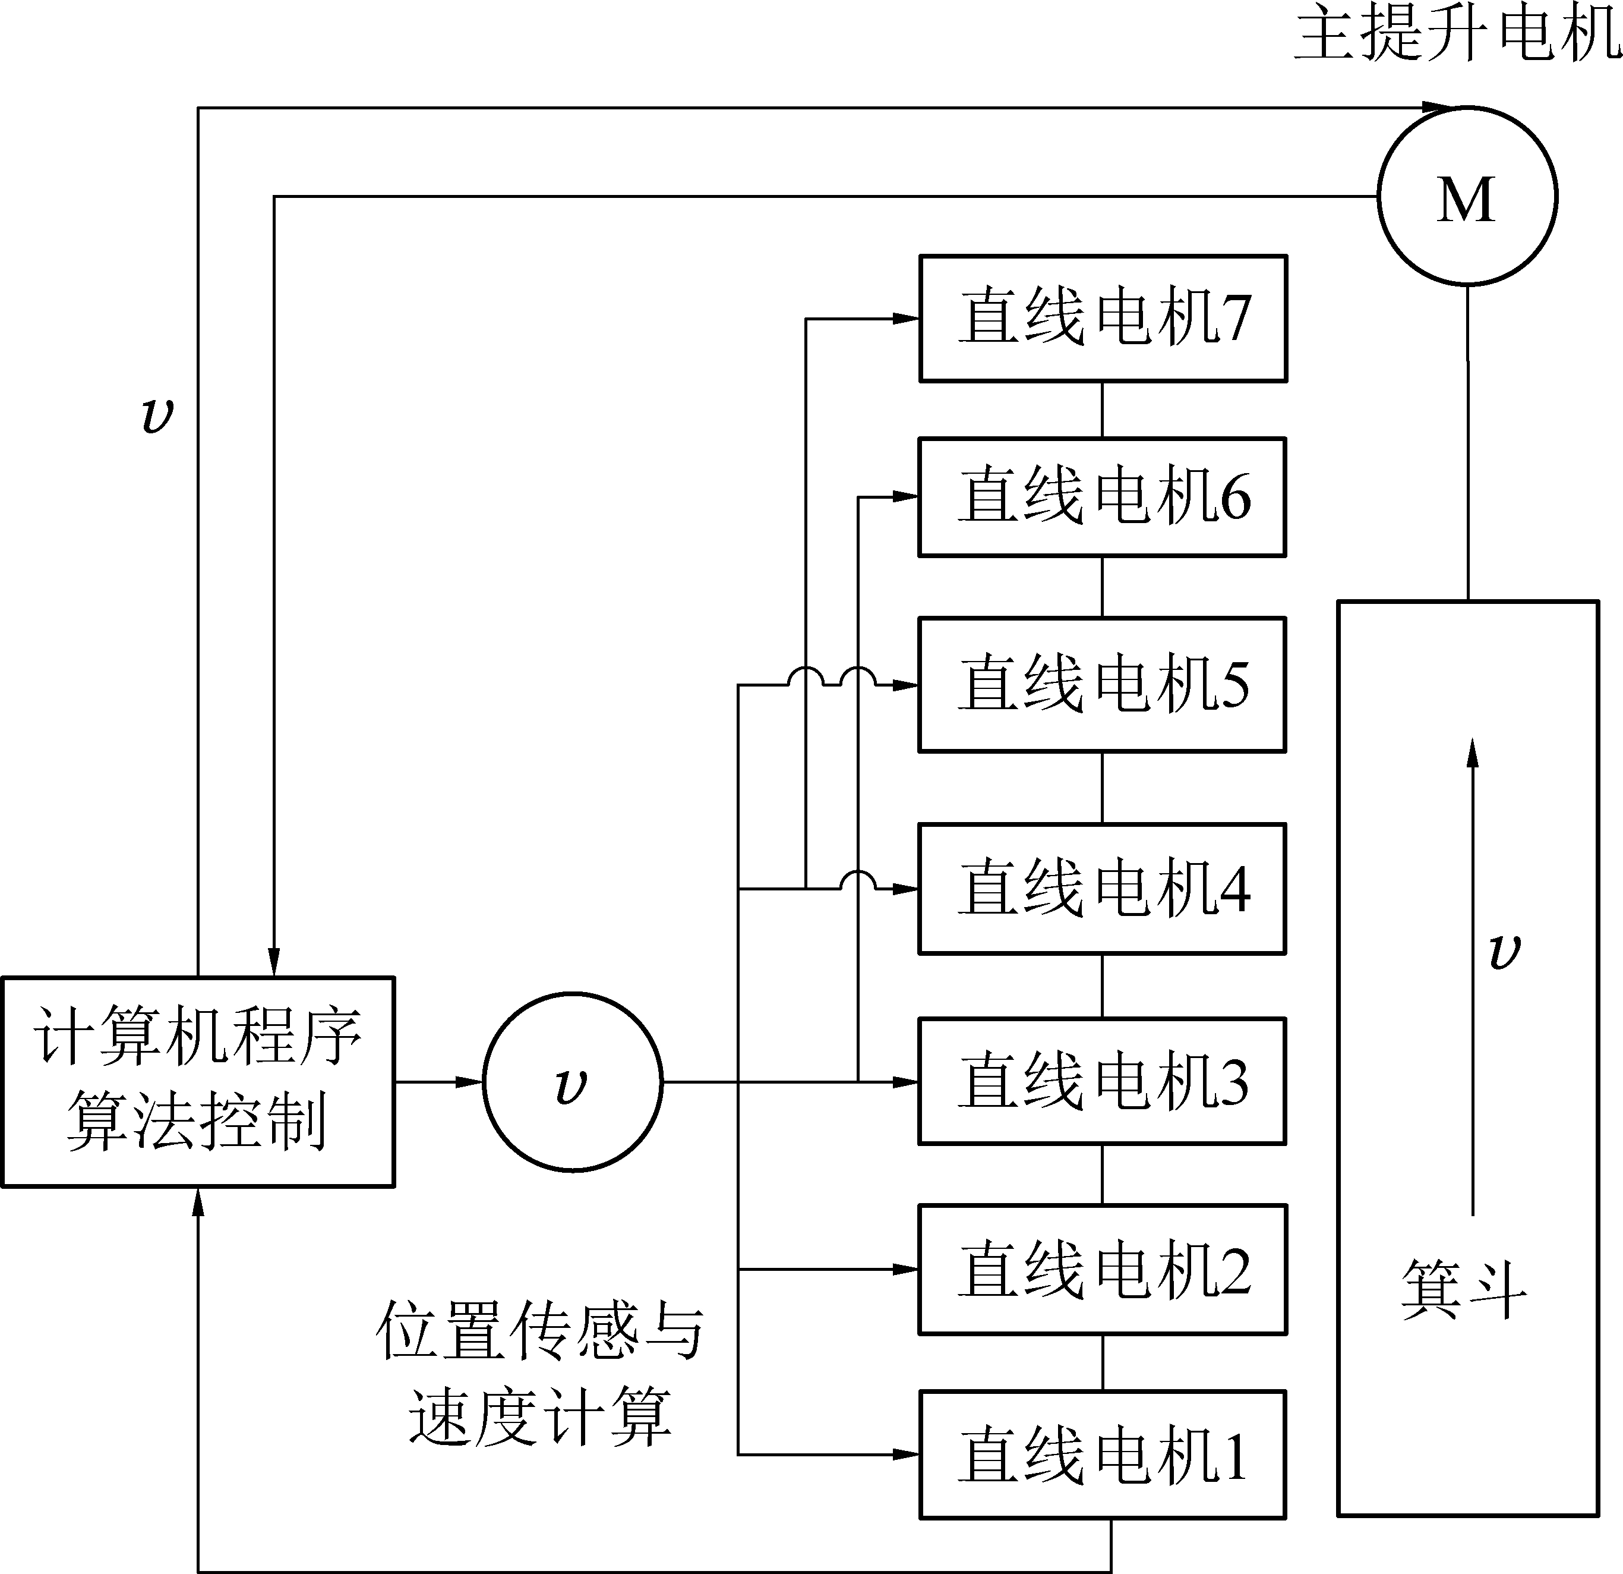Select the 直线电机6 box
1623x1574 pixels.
[x=1102, y=497]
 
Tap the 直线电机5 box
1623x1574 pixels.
[x=1102, y=684]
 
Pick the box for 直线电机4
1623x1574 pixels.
[x=1102, y=888]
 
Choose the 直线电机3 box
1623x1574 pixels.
[x=1102, y=1081]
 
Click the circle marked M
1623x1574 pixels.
[x=1467, y=196]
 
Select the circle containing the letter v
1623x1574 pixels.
[x=572, y=1081]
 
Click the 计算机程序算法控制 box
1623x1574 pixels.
[x=198, y=1082]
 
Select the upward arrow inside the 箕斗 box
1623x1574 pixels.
[x=1472, y=978]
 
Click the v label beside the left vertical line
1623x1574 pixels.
[x=157, y=414]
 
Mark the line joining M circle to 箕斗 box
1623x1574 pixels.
[x=1468, y=443]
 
